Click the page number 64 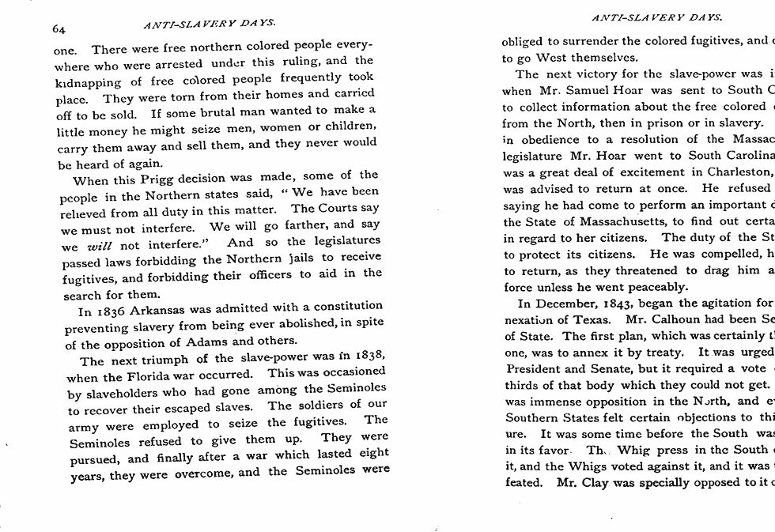click(x=59, y=30)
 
